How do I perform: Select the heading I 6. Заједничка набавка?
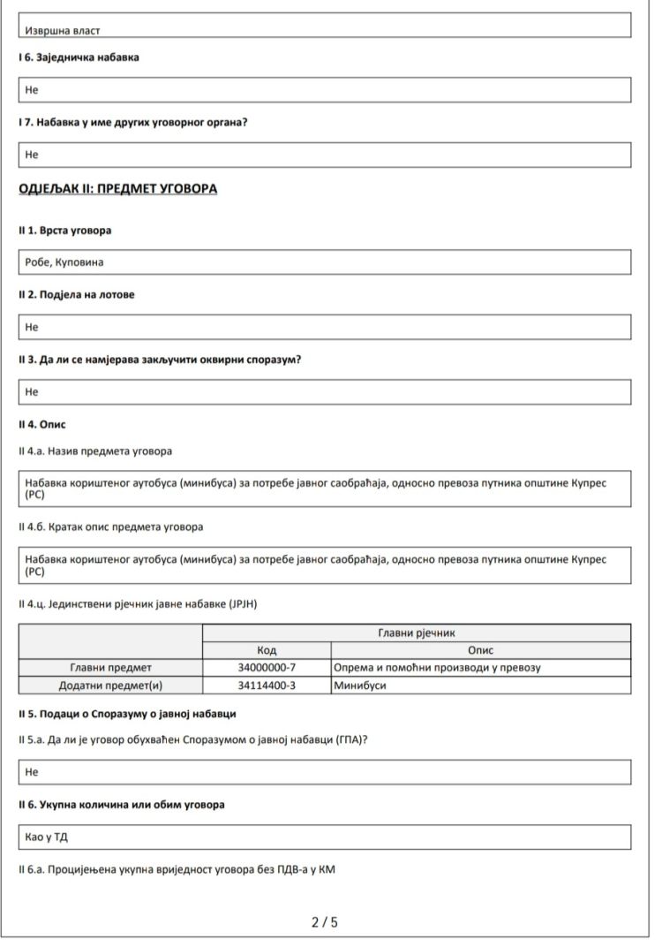pyautogui.click(x=79, y=57)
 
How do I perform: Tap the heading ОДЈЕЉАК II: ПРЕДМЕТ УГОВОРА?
pyautogui.click(x=117, y=189)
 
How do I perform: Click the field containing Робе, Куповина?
pyautogui.click(x=325, y=262)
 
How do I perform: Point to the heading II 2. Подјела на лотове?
pyautogui.click(x=77, y=294)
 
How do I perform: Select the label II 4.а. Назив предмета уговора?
pyautogui.click(x=95, y=451)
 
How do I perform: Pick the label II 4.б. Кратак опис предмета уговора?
pyautogui.click(x=110, y=527)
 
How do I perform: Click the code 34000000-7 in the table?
pyautogui.click(x=267, y=667)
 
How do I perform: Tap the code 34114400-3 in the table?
pyautogui.click(x=267, y=685)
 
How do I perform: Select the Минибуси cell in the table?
pyautogui.click(x=355, y=685)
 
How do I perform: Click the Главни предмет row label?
pyautogui.click(x=110, y=667)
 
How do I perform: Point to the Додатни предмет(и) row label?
pyautogui.click(x=110, y=685)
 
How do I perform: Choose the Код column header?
pyautogui.click(x=267, y=650)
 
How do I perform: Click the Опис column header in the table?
pyautogui.click(x=480, y=650)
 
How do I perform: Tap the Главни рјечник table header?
pyautogui.click(x=416, y=633)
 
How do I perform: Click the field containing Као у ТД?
pyautogui.click(x=325, y=837)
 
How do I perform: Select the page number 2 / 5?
pyautogui.click(x=325, y=922)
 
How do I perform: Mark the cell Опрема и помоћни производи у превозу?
pyautogui.click(x=437, y=667)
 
